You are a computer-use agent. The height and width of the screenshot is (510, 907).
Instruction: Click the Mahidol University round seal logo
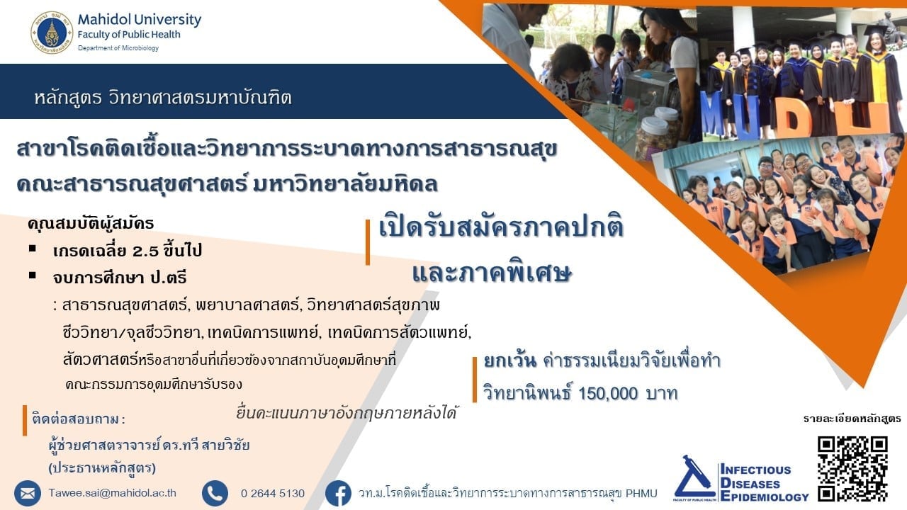52,33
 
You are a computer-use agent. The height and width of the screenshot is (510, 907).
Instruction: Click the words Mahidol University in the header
140,19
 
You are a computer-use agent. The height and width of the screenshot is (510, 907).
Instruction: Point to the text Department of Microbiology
118,48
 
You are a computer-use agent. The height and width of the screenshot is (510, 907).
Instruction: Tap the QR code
852,468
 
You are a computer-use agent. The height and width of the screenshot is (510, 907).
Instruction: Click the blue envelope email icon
28,494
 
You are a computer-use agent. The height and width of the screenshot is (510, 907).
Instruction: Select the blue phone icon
215,494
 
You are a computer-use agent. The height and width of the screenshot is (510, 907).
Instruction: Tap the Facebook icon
339,494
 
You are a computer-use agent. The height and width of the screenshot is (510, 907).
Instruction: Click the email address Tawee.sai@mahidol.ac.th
112,493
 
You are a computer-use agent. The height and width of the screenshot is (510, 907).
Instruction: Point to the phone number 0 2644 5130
273,494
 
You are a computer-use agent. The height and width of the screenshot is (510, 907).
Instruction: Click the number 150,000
608,393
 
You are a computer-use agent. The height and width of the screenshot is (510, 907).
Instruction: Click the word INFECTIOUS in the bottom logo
756,470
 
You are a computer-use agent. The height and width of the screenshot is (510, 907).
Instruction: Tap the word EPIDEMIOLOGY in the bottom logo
765,497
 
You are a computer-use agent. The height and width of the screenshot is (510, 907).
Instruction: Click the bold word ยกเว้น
509,361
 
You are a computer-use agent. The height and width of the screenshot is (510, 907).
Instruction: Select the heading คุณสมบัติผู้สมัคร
91,224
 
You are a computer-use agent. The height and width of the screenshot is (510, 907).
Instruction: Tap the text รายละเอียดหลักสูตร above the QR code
852,419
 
